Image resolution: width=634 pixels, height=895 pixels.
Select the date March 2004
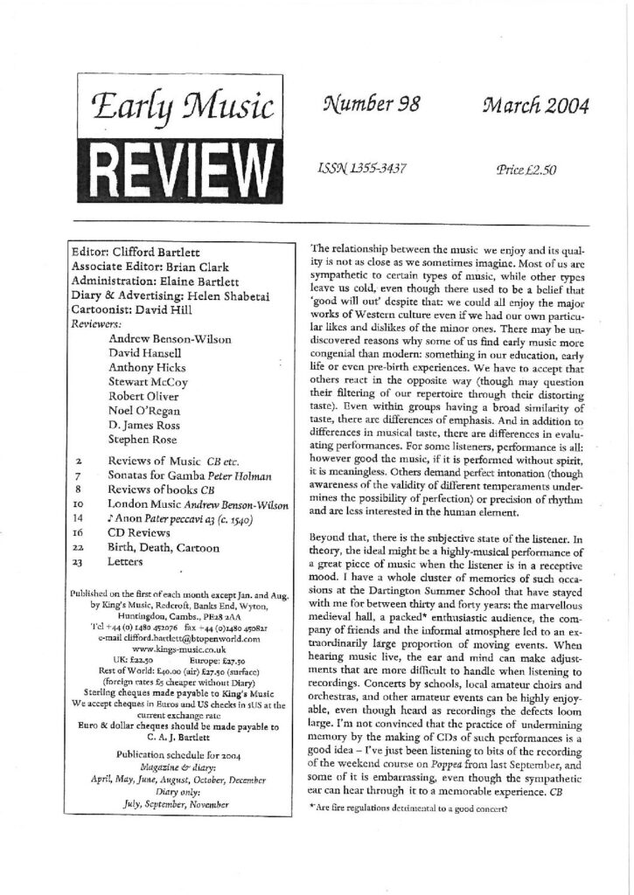coord(534,108)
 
